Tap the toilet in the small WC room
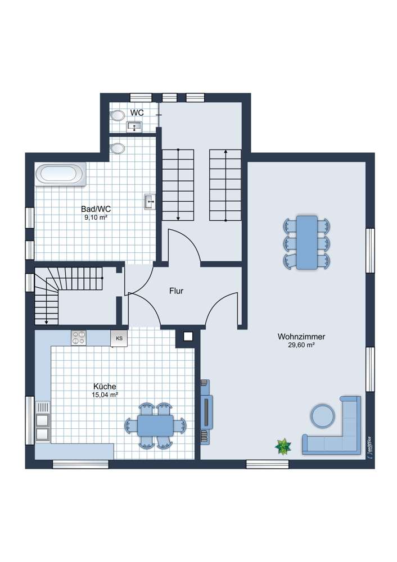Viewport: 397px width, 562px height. pos(118,115)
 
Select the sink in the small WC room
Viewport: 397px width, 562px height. pos(134,127)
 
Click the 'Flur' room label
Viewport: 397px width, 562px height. pos(177,291)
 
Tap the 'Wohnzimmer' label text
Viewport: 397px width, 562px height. pos(301,337)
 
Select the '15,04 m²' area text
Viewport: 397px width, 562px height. pos(105,395)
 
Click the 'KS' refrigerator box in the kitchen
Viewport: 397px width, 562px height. pos(119,338)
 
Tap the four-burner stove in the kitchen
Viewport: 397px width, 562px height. pos(79,337)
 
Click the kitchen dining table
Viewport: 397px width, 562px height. pos(156,425)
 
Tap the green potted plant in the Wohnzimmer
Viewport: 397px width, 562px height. pos(283,446)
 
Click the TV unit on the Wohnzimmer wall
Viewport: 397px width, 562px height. pos(206,411)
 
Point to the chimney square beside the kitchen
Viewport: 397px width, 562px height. pos(187,337)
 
